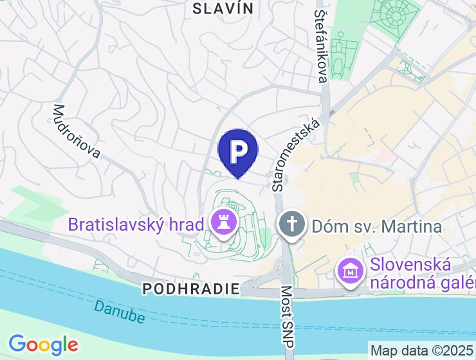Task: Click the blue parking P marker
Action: [x=238, y=151]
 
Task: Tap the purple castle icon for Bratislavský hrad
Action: [x=224, y=224]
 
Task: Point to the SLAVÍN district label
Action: [x=223, y=8]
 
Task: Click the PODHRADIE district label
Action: [x=191, y=288]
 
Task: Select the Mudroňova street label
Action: [x=77, y=131]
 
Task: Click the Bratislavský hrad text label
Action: [x=136, y=225]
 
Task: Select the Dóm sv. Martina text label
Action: [x=377, y=226]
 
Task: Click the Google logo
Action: [x=44, y=345]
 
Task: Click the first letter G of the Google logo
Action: [x=17, y=344]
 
